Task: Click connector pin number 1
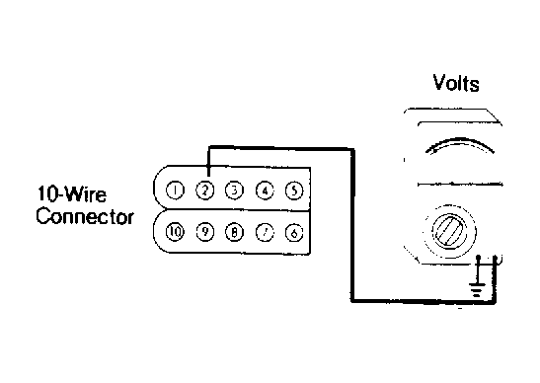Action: tap(176, 191)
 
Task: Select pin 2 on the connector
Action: tap(205, 191)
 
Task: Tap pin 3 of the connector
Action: tap(235, 191)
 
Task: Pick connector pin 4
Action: tap(265, 191)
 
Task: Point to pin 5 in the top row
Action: tap(294, 191)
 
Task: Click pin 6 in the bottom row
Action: tap(294, 233)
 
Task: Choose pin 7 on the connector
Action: tap(265, 233)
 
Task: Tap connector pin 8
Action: tap(235, 232)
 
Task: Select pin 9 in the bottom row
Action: tap(205, 232)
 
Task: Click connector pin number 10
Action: tap(176, 232)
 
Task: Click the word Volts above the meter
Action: tap(456, 83)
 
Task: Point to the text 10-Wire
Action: tap(72, 194)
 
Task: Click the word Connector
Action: tap(85, 216)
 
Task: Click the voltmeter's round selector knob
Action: tap(450, 230)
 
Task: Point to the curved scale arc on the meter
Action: tap(460, 140)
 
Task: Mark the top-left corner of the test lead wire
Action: tap(208, 147)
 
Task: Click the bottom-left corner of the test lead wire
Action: tap(352, 301)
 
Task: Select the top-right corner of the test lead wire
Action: tap(352, 149)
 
